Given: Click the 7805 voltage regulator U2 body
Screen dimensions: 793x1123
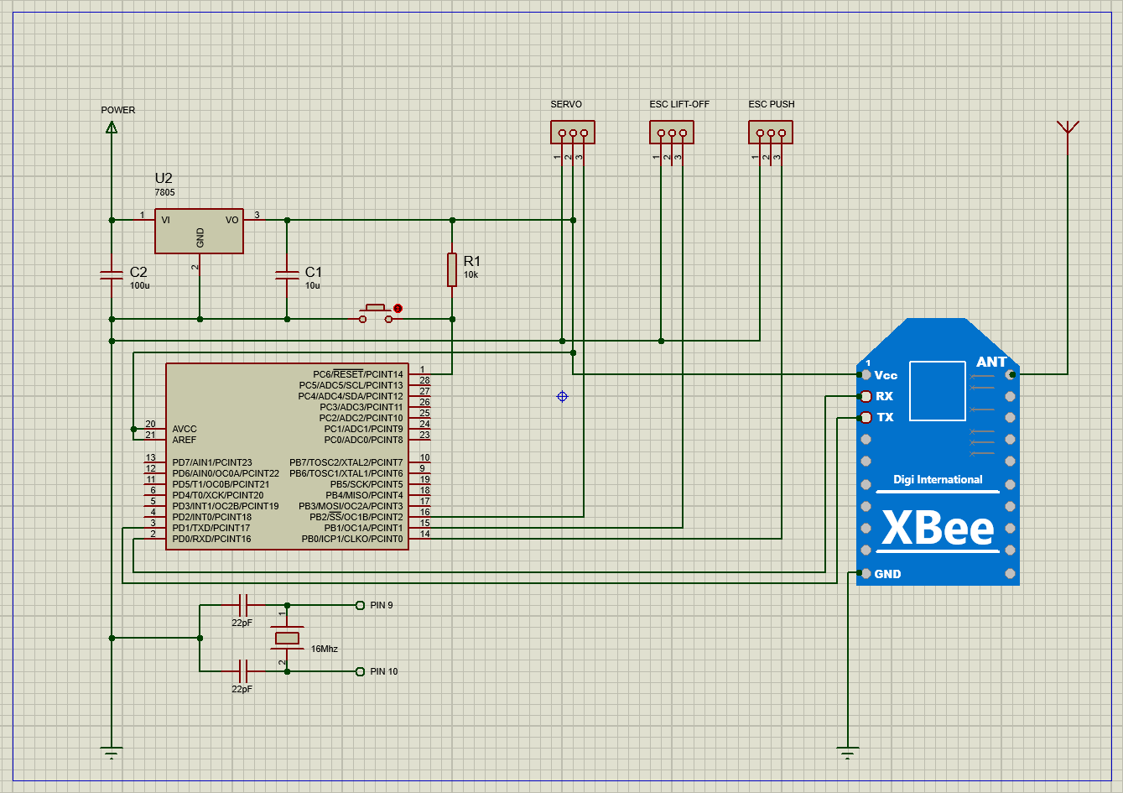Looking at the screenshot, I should [x=199, y=231].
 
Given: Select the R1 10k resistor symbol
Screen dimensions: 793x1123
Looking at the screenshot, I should [x=452, y=269].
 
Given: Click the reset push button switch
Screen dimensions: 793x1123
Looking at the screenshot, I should [x=376, y=313].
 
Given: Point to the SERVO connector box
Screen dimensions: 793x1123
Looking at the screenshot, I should [x=573, y=133].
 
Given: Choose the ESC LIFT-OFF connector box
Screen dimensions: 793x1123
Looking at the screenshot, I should [x=672, y=133].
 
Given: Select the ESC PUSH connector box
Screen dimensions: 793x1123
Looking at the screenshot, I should [x=771, y=133].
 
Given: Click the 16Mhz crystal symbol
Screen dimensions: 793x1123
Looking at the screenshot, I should [x=287, y=639].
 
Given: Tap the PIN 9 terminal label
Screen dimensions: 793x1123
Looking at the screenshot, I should [x=381, y=605].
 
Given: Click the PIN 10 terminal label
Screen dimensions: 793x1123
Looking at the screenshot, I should [x=383, y=671].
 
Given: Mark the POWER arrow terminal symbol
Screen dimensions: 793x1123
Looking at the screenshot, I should [x=111, y=127].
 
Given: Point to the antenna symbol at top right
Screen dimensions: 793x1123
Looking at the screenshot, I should [x=1068, y=128].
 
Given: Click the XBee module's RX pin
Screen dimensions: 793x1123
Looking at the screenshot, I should [x=866, y=396].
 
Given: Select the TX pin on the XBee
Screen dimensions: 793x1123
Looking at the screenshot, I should [x=866, y=417].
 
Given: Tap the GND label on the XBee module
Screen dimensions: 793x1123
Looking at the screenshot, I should [x=887, y=574].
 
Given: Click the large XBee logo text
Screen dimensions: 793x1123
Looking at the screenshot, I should [x=938, y=529].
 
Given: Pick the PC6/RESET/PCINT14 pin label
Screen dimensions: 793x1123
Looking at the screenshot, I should [x=357, y=374].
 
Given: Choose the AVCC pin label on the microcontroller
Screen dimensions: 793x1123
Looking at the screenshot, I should [x=185, y=429].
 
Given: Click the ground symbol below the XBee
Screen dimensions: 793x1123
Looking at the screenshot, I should [x=848, y=752].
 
